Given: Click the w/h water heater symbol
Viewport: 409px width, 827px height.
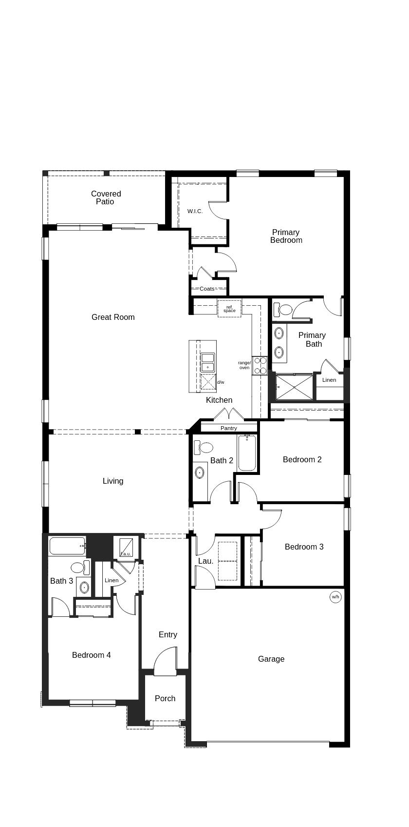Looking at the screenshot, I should [335, 597].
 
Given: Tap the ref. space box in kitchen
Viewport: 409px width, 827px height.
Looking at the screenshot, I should [229, 309].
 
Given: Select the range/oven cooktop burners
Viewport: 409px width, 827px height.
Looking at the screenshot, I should [260, 366].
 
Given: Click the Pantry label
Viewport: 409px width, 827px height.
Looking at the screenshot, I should [228, 428].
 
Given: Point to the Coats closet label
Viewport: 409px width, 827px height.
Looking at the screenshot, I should [207, 289].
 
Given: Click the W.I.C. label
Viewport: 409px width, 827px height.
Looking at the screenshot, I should [195, 211].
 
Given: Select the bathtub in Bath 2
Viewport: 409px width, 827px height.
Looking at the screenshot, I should [247, 453].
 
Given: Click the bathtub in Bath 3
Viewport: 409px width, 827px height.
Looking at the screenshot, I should [67, 546].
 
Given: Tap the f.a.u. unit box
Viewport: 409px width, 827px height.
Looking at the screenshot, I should [126, 547].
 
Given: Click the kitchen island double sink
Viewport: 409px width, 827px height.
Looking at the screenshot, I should [208, 363].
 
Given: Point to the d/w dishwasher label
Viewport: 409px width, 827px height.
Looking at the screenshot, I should [221, 382].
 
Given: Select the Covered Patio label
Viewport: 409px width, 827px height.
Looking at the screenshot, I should [106, 197].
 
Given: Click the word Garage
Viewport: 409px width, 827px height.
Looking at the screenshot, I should [271, 659].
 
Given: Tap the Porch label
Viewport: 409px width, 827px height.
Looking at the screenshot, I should [165, 698].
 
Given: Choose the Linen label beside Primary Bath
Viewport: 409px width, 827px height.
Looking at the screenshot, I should [329, 380].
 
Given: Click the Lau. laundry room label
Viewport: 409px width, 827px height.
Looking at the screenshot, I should [205, 561].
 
